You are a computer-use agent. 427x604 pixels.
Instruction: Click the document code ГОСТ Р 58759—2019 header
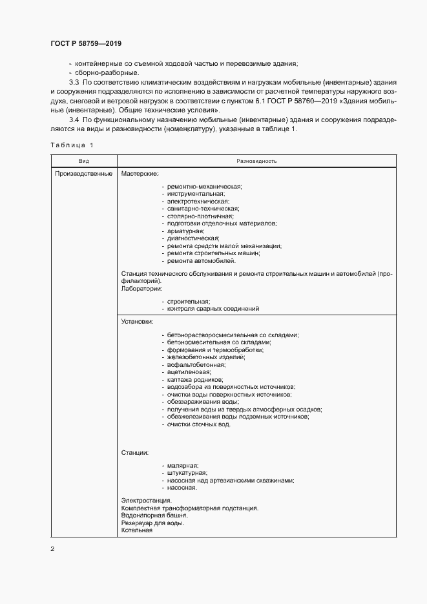click(85, 43)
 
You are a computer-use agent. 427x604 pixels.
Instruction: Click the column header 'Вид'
click(84, 160)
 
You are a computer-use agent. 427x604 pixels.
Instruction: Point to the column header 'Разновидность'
click(257, 160)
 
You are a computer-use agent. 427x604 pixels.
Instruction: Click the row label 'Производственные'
click(84, 173)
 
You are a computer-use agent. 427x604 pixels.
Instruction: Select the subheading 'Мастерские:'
click(140, 173)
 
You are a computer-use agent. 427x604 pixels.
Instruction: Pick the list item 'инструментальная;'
click(196, 193)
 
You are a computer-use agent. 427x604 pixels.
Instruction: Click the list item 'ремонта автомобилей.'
click(201, 261)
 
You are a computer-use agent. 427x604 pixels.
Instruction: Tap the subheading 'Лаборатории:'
click(141, 288)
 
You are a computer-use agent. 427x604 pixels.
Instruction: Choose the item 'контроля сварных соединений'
click(213, 309)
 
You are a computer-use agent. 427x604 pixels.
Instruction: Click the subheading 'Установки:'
click(138, 320)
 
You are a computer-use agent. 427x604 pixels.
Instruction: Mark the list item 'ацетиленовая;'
click(189, 373)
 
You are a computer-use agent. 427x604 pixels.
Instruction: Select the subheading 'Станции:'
click(135, 453)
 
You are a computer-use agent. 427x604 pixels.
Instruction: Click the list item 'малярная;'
click(183, 466)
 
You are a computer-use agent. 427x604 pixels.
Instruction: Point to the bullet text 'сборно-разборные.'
click(103, 72)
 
